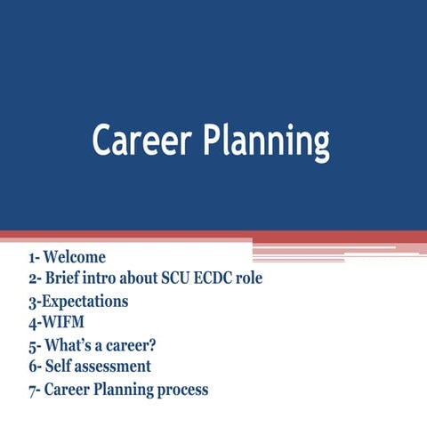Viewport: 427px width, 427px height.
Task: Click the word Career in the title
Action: [141, 141]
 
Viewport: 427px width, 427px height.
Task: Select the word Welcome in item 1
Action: [75, 258]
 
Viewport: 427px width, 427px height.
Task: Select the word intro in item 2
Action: [102, 279]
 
